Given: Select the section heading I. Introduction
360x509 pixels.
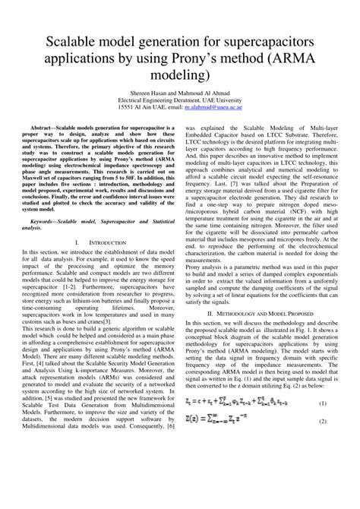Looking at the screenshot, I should [x=94, y=241].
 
